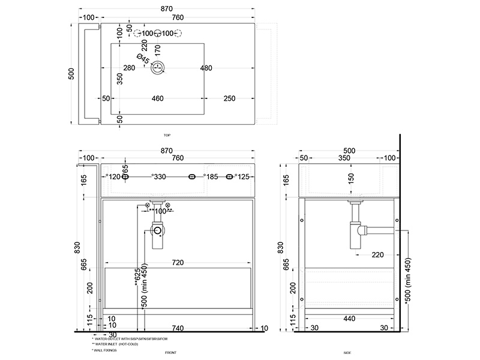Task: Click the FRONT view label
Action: [x=171, y=353]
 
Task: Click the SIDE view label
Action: [x=347, y=353]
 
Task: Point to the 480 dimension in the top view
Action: [x=206, y=68]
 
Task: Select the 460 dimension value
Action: [x=158, y=98]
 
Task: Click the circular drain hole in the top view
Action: [x=159, y=68]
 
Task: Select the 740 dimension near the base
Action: [x=177, y=328]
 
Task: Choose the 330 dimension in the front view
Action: [x=159, y=177]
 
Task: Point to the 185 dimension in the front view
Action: [x=211, y=177]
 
